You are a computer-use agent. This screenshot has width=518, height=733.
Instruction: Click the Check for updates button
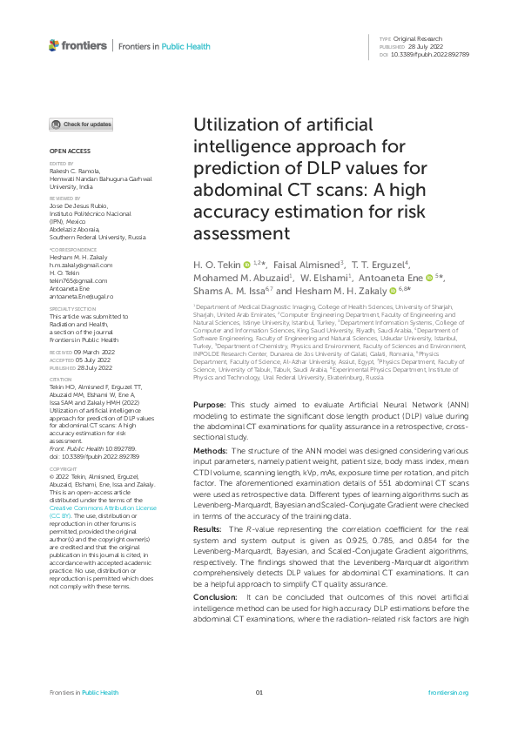(x=81, y=124)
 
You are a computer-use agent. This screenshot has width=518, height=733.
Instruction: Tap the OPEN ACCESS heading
(x=67, y=151)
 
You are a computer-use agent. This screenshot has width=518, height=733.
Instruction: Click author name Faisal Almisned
(x=308, y=264)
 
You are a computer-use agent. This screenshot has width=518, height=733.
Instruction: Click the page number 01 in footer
(x=259, y=692)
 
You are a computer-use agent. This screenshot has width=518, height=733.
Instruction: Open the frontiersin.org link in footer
(x=448, y=692)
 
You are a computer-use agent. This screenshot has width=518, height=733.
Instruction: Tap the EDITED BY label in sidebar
(x=61, y=163)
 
